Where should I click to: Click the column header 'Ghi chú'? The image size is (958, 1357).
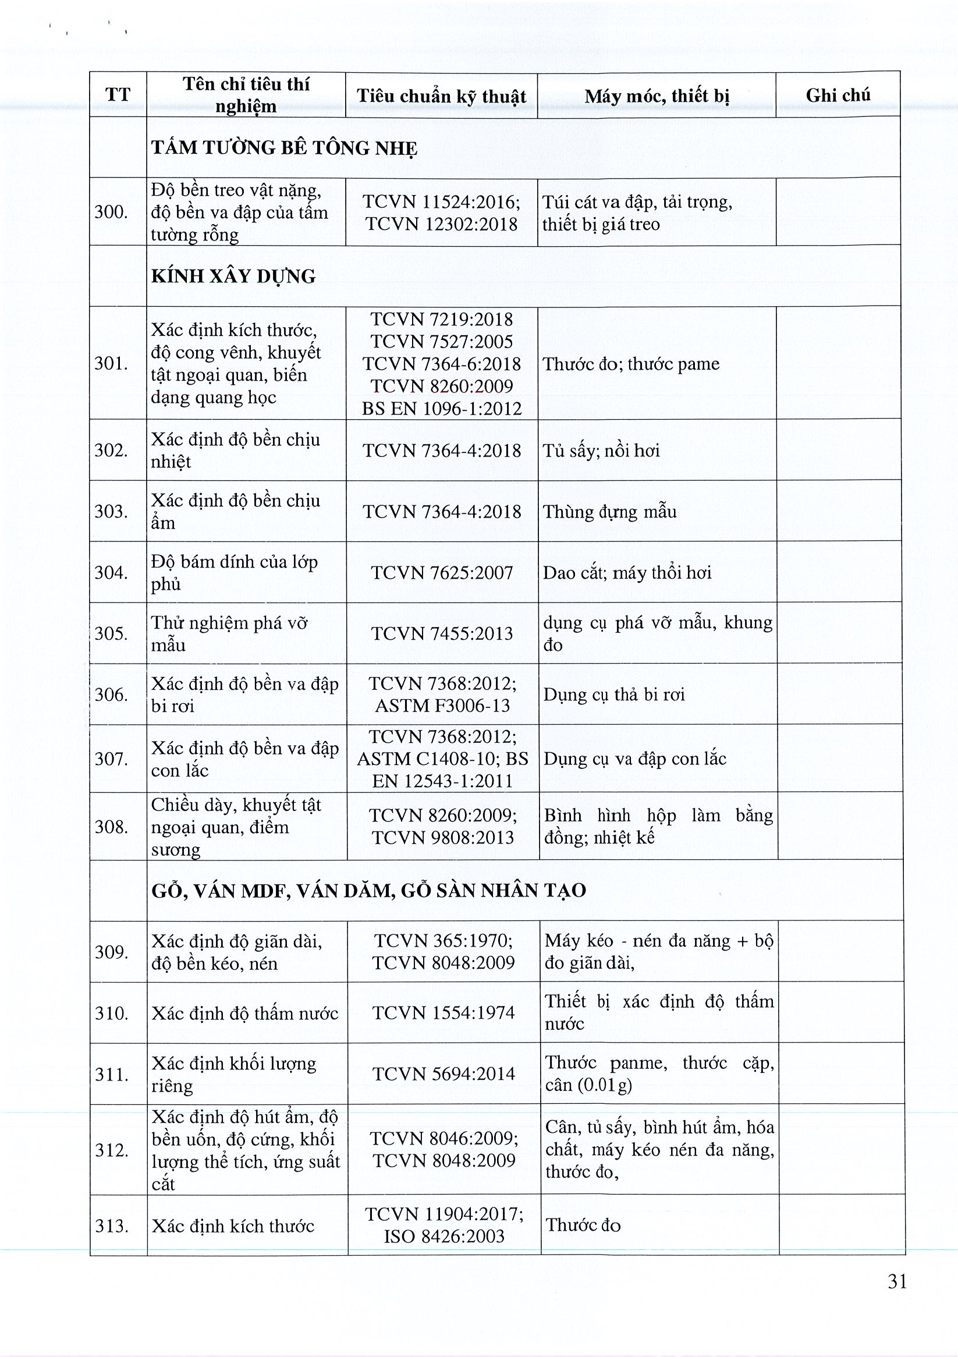pos(838,95)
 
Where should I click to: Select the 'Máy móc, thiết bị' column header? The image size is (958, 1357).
pos(657,96)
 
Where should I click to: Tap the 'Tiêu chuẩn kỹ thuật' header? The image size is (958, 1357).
pos(442,96)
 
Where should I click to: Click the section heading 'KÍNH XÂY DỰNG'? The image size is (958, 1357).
pos(233,277)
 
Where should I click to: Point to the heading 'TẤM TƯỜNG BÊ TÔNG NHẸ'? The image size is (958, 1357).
pos(284,148)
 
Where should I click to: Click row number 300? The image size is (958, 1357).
pos(111,212)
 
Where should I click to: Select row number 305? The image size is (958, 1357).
pos(111,633)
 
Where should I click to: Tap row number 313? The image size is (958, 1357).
pos(112,1226)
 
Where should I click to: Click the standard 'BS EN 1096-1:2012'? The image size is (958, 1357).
pos(442,409)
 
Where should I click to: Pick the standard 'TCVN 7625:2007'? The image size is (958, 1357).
pos(442,572)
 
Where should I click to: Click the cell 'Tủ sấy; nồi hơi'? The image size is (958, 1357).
pos(601,451)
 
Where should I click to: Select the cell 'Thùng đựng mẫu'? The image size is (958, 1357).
pos(610,512)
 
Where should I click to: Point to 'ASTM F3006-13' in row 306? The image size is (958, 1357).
pos(443,705)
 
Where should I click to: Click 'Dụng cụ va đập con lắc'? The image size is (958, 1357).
pos(635,759)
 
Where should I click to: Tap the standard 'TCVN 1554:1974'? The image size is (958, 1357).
pos(444,1013)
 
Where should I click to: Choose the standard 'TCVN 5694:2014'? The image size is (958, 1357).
pos(444,1074)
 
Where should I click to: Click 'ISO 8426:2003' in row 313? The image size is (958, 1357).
pos(445,1236)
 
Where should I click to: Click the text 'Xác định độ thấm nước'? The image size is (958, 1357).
pos(244,1014)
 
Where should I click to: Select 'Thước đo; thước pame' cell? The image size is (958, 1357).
pos(630,364)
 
